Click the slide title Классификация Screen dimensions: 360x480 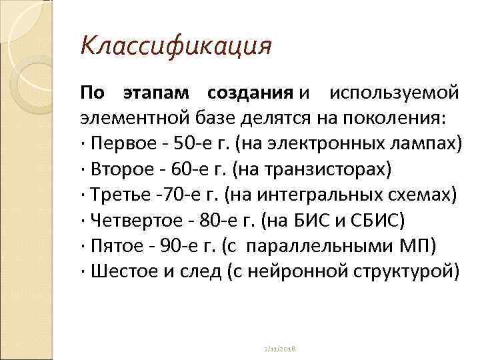[176, 47]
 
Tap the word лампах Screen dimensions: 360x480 [429, 143]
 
